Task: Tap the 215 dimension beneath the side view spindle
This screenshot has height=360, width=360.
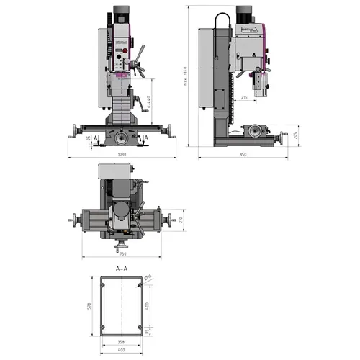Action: pyautogui.click(x=244, y=97)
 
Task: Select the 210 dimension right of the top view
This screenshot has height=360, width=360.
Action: pyautogui.click(x=181, y=220)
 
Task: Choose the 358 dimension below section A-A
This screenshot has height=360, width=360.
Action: pyautogui.click(x=121, y=342)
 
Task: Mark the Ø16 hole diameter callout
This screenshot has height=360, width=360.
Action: pyautogui.click(x=148, y=278)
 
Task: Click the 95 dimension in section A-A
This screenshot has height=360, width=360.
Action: pyautogui.click(x=149, y=332)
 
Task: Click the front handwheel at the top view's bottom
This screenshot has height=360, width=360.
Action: pyautogui.click(x=120, y=248)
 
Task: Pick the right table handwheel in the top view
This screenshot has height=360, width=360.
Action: pyautogui.click(x=171, y=220)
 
